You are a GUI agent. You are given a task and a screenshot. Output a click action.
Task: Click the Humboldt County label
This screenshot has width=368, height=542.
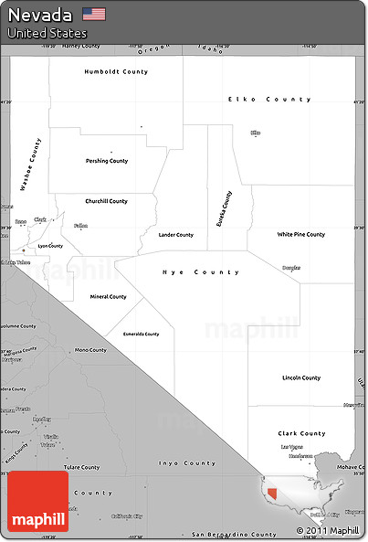(116, 71)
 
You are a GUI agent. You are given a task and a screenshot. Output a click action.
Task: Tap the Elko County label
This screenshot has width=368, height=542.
(269, 99)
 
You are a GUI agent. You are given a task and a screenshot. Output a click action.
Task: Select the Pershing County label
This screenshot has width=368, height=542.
(107, 161)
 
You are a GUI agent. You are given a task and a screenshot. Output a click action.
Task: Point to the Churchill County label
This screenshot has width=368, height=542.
(106, 201)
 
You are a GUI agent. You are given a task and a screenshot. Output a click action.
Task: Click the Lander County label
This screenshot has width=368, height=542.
(176, 235)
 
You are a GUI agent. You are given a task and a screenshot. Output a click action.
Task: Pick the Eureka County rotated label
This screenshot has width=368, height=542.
(224, 208)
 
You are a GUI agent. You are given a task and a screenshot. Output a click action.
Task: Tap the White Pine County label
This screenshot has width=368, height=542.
(301, 235)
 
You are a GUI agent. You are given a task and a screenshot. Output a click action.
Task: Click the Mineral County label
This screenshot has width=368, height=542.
(108, 297)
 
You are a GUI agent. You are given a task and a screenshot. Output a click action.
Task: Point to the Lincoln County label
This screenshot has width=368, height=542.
(301, 377)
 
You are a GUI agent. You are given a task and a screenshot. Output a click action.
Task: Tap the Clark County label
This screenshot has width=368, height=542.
(301, 434)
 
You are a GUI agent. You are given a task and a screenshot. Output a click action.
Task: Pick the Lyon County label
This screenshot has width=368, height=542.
(50, 246)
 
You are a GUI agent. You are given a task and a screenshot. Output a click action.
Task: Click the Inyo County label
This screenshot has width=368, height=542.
(188, 463)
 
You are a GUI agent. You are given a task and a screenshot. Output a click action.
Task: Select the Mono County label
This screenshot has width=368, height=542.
(90, 350)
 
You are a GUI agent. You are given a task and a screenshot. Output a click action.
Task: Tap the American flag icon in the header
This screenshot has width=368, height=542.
(93, 14)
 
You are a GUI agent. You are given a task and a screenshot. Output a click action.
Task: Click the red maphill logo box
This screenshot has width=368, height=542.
(37, 502)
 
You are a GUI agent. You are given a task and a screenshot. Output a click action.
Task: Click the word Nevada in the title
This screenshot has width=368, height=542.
(40, 14)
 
